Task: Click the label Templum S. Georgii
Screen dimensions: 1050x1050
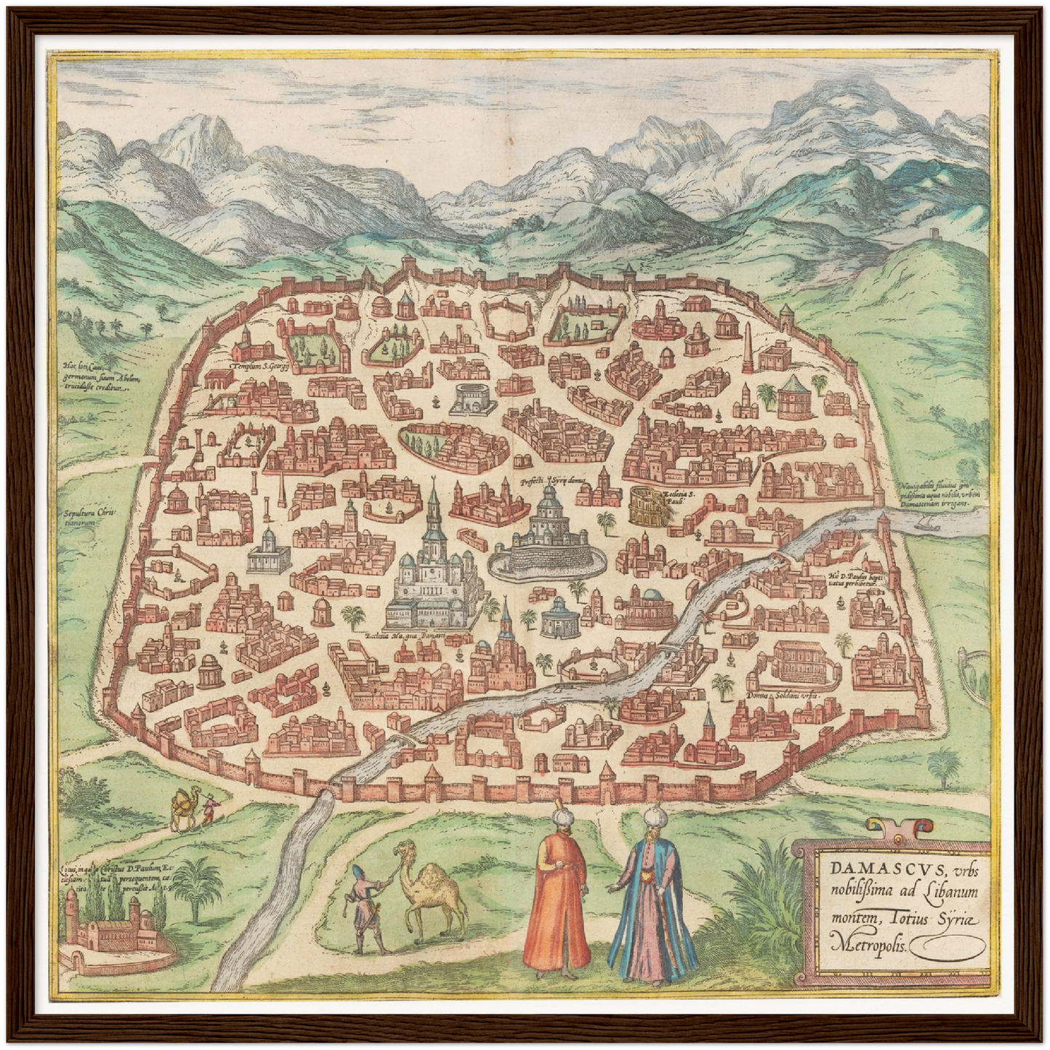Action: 260,368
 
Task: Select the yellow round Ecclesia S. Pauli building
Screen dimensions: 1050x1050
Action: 645,506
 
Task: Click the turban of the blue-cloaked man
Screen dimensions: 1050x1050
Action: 651,815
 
